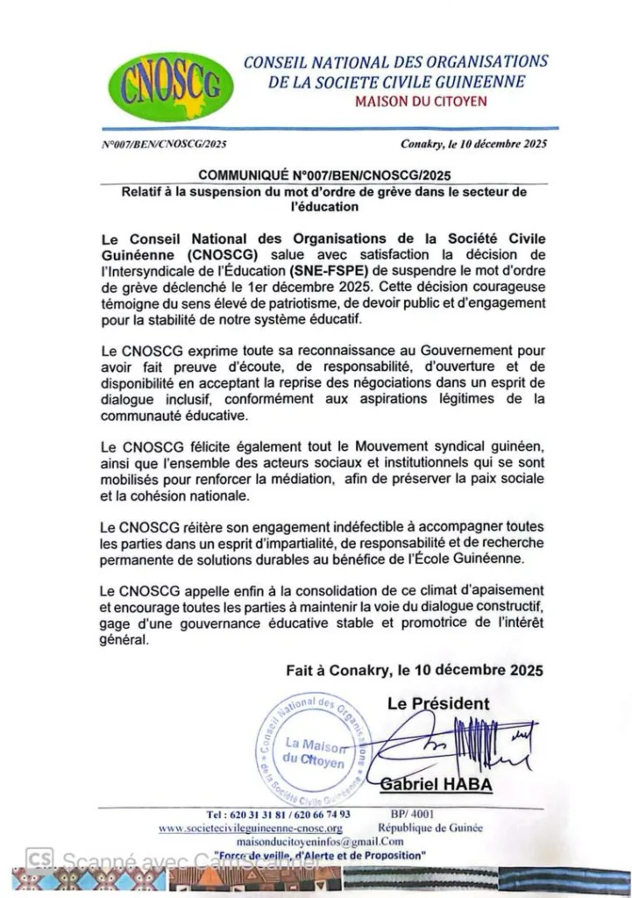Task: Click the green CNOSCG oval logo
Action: coord(171,87)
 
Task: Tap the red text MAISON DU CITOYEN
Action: coord(421,102)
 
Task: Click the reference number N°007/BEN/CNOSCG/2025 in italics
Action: coord(164,145)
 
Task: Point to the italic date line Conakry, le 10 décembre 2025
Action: coord(473,145)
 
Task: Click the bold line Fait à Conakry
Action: coord(414,670)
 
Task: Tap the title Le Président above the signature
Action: coord(438,703)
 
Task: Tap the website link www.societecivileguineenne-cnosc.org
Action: coord(250,828)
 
